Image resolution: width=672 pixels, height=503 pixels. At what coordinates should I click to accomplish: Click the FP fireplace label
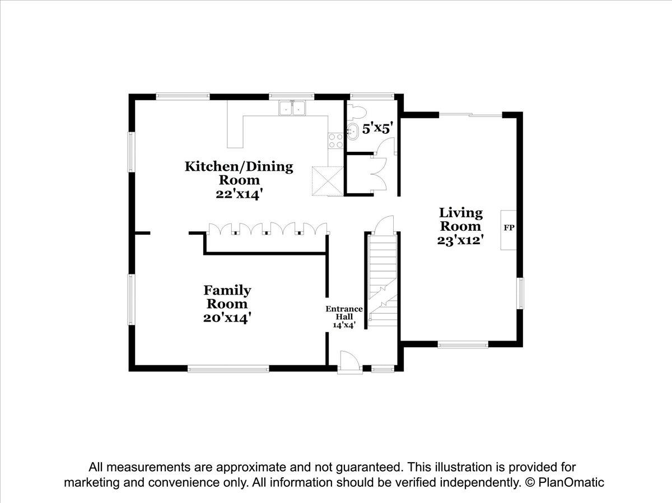click(509, 228)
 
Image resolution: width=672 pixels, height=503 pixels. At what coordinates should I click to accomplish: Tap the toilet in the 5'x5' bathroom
click(356, 112)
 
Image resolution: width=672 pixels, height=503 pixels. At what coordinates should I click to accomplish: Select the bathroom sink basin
click(353, 132)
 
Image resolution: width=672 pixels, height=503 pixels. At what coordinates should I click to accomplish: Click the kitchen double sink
click(292, 108)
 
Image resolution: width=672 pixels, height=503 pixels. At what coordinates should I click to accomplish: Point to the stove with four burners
click(335, 141)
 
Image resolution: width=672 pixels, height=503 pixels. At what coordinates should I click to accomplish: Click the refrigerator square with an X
click(328, 181)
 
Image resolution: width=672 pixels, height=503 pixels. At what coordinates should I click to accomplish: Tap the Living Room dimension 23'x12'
click(460, 240)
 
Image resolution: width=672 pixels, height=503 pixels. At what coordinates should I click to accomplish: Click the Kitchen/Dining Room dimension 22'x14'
click(239, 194)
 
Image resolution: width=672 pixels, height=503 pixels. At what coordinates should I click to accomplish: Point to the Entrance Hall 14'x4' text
click(344, 316)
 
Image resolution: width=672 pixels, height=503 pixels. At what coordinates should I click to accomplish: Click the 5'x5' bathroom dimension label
click(377, 129)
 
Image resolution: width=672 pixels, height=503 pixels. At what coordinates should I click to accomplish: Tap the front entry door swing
click(349, 362)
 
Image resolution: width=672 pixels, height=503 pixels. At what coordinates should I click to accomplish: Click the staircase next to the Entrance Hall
click(382, 281)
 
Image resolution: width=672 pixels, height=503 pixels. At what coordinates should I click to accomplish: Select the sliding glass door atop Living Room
click(470, 115)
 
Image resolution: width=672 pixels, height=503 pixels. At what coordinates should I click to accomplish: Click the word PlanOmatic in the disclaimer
click(571, 482)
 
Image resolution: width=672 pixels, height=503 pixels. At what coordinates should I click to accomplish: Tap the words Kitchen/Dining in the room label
click(239, 167)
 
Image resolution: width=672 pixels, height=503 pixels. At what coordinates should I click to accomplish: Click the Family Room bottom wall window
click(228, 369)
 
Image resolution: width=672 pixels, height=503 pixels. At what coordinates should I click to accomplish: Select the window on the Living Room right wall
click(520, 294)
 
